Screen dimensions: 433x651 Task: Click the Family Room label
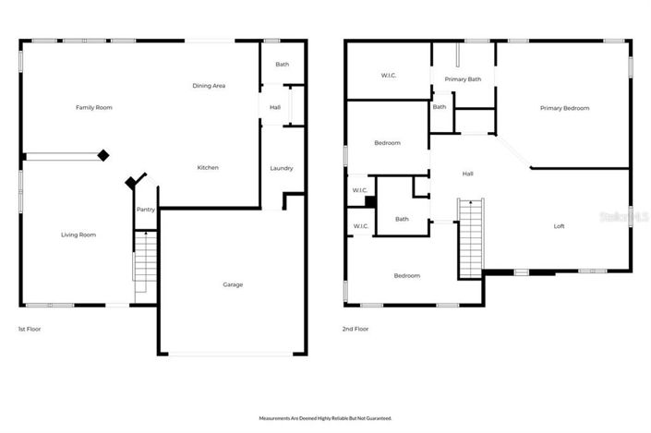tap(93, 108)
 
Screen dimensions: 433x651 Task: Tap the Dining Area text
tap(209, 86)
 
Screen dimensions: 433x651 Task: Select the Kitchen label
tap(208, 167)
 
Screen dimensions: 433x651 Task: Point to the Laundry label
tap(282, 168)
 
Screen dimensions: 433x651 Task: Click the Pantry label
tap(146, 210)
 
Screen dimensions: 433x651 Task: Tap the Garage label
tap(233, 284)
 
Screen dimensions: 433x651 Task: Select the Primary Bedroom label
tap(564, 108)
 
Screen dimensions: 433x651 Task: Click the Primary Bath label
tap(463, 79)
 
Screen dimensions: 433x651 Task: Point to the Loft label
tap(559, 226)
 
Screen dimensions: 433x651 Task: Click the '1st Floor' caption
tap(30, 329)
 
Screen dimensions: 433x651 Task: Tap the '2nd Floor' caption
tap(356, 329)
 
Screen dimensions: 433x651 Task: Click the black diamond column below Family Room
tap(104, 155)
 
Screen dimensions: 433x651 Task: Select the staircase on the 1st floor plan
tap(144, 259)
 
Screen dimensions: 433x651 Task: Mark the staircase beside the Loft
tap(470, 236)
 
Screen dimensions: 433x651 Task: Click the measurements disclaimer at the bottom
tap(325, 418)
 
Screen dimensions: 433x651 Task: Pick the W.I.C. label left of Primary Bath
tap(389, 76)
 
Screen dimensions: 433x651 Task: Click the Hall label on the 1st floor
tap(275, 108)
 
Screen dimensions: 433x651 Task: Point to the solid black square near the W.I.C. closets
tap(369, 202)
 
